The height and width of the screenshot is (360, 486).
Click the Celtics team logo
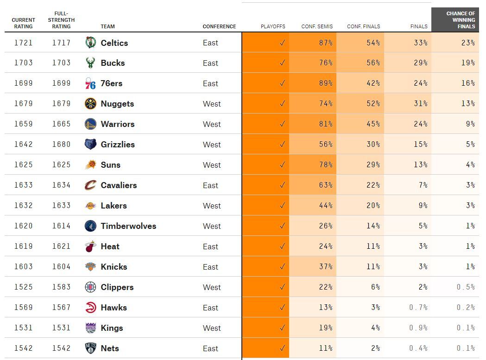[90, 43]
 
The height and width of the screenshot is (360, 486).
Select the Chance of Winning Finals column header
[460, 20]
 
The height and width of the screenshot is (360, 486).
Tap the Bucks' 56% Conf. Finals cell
[373, 63]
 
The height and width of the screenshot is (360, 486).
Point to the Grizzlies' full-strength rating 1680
[61, 145]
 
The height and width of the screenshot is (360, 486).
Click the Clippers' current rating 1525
[23, 287]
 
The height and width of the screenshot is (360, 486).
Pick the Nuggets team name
[117, 104]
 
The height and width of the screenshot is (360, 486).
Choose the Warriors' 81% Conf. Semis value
[326, 124]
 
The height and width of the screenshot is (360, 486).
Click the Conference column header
[219, 26]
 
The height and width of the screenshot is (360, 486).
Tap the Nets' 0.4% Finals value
[418, 348]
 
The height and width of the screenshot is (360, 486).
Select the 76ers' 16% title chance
[468, 83]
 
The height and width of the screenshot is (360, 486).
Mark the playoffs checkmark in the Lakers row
[282, 206]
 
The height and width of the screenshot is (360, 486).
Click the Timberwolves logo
[90, 226]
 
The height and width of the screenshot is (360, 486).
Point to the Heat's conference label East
[210, 246]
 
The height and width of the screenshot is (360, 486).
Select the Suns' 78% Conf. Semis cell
[326, 165]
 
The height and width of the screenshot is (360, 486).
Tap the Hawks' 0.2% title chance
[466, 308]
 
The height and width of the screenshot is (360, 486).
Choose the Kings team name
[112, 328]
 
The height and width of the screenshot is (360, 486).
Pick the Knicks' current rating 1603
[23, 267]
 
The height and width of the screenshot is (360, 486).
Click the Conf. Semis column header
[317, 26]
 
